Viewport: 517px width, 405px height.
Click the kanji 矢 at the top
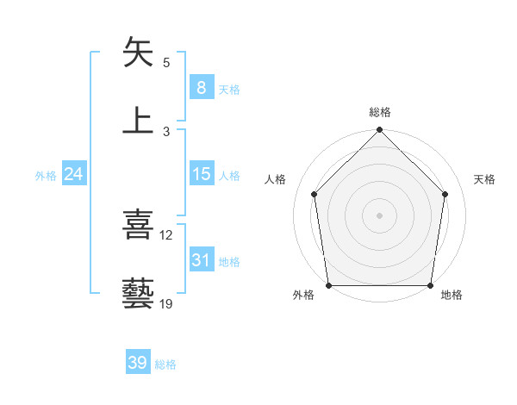[139, 53]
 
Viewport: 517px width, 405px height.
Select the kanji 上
[139, 121]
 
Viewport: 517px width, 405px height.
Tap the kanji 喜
[139, 226]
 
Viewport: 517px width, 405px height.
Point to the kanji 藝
[139, 293]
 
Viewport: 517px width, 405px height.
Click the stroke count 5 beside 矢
[166, 63]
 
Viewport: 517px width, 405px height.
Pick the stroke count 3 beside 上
[166, 131]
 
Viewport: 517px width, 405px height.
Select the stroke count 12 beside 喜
[166, 235]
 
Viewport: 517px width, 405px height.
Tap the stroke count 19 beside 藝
[166, 303]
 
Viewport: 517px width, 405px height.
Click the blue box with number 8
[201, 88]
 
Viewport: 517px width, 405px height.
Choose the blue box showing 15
[201, 174]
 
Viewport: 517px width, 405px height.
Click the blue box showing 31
[201, 260]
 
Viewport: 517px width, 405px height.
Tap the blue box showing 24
[74, 174]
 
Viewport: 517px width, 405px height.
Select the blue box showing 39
[138, 363]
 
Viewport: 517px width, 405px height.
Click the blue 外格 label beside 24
[46, 175]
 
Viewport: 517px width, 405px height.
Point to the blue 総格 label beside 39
[165, 364]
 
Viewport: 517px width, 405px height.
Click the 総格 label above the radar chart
[379, 112]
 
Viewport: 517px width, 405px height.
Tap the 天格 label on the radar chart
[485, 179]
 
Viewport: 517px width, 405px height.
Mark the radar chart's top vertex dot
[379, 131]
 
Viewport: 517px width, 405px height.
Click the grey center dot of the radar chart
[379, 215]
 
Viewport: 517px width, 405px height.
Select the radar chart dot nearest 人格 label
[315, 194]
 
